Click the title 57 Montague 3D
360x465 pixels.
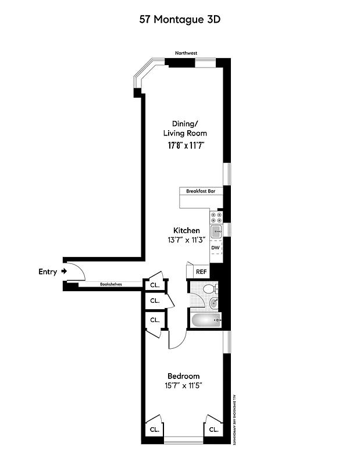tap(180, 19)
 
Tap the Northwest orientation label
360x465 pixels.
tap(187, 53)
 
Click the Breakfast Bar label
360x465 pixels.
tap(201, 191)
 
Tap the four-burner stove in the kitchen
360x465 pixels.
tap(216, 217)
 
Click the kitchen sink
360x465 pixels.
tap(216, 232)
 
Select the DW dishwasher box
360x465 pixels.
tap(215, 249)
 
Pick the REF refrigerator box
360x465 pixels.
tap(201, 271)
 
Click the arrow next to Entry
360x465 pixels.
tap(64, 271)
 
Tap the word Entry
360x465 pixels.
tap(48, 271)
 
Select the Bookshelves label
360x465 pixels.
tap(111, 284)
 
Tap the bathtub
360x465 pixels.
tap(206, 320)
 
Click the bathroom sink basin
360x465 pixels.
tap(213, 302)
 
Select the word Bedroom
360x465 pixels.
tap(183, 375)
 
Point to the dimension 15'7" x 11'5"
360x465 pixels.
tap(183, 385)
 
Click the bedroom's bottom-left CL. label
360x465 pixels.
tap(155, 430)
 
